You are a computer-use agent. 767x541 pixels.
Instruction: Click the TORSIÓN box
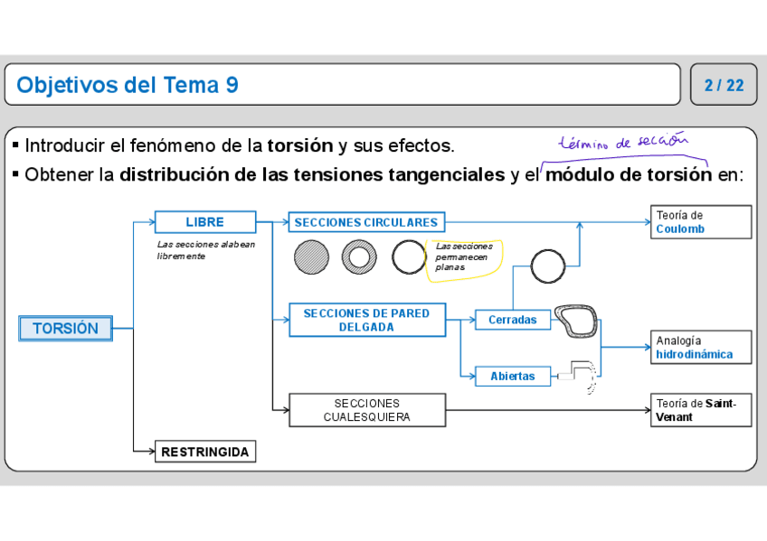[x=65, y=329]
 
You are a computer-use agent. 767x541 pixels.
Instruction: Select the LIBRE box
[x=204, y=222]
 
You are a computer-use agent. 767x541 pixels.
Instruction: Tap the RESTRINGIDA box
[x=204, y=452]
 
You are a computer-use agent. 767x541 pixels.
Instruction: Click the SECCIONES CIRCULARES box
[x=366, y=222]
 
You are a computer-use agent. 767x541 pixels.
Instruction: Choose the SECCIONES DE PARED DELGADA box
[x=366, y=321]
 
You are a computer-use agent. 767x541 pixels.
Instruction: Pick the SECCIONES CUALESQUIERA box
[x=366, y=410]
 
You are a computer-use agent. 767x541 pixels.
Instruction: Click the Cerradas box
[x=513, y=320]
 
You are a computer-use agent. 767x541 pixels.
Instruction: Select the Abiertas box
[x=513, y=376]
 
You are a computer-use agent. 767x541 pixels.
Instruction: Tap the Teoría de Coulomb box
[x=700, y=222]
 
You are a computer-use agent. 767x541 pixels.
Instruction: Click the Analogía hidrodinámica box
[x=700, y=348]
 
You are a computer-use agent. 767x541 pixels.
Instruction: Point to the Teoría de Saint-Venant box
[x=700, y=410]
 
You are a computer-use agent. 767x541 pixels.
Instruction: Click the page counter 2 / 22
[x=724, y=85]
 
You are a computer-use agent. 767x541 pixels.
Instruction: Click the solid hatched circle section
[x=312, y=257]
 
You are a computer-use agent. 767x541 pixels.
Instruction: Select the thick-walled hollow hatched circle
[x=359, y=257]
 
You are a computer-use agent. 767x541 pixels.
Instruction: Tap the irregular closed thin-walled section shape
[x=576, y=321]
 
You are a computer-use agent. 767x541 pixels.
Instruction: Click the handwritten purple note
[x=624, y=142]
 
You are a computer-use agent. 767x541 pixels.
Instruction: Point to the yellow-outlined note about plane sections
[x=463, y=259]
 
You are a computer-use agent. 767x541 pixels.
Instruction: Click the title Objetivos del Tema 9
[x=128, y=85]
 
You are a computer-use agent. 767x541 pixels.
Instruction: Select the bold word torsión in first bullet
[x=300, y=145]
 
